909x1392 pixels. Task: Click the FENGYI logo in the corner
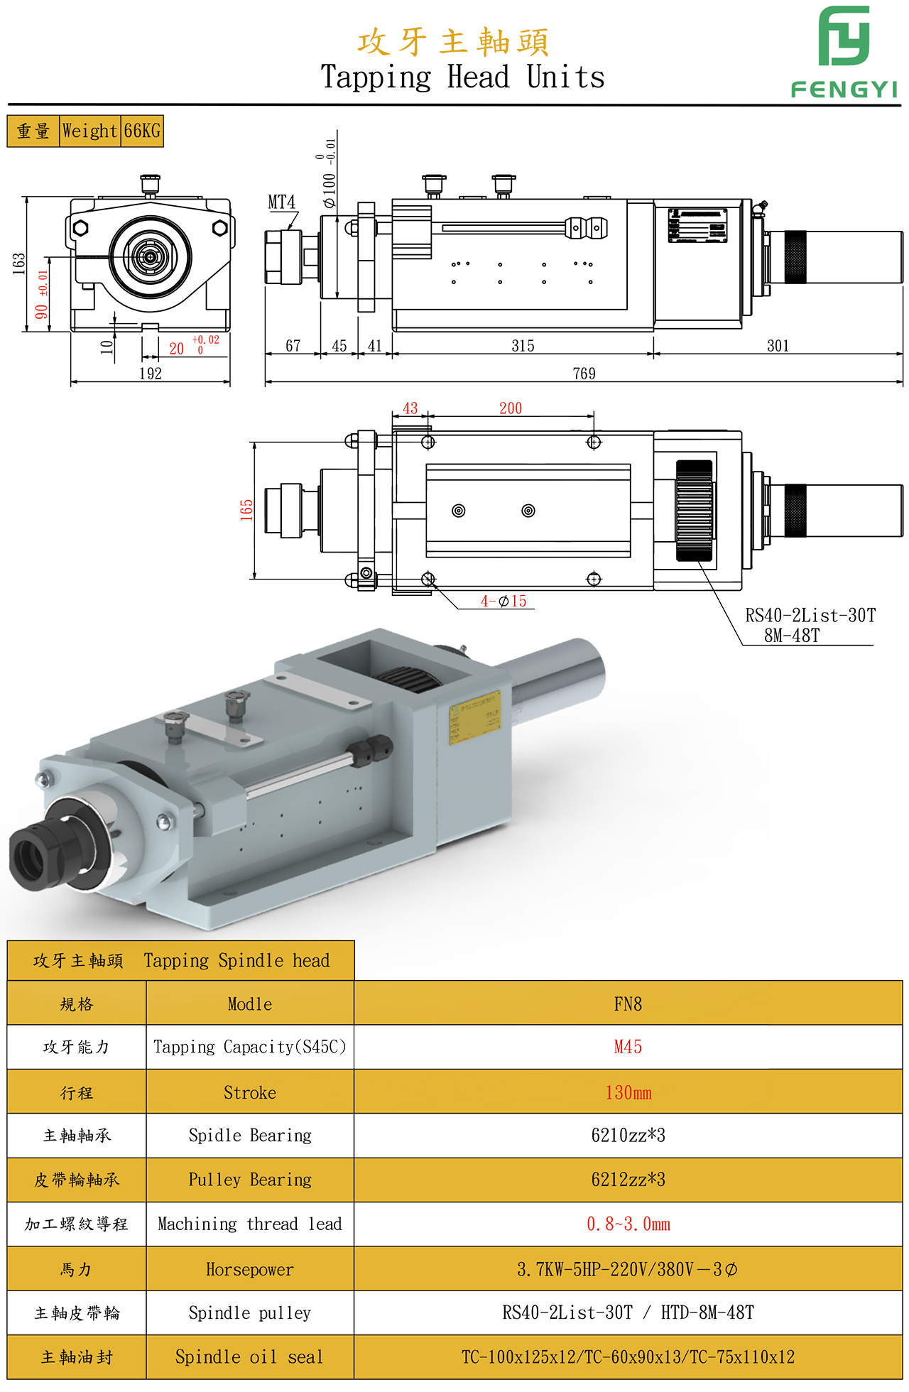844,51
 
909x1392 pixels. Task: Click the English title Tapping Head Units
462,77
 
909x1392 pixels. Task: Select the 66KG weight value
142,131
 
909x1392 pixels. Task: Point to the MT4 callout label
281,202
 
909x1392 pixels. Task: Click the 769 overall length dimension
584,374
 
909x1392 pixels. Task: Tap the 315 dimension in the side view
523,346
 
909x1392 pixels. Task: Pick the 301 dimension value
778,346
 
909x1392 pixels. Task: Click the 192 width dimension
151,374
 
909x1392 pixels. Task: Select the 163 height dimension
18,263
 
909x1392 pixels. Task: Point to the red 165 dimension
246,510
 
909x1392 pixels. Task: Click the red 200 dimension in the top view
510,408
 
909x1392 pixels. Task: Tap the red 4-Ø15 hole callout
504,602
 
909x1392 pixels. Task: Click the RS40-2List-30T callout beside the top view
810,616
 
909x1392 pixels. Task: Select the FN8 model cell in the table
628,1004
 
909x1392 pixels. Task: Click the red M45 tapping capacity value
628,1047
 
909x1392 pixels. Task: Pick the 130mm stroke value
628,1092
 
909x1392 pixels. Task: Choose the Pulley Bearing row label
250,1180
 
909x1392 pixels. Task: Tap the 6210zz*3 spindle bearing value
628,1136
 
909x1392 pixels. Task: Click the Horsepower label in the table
250,1269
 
